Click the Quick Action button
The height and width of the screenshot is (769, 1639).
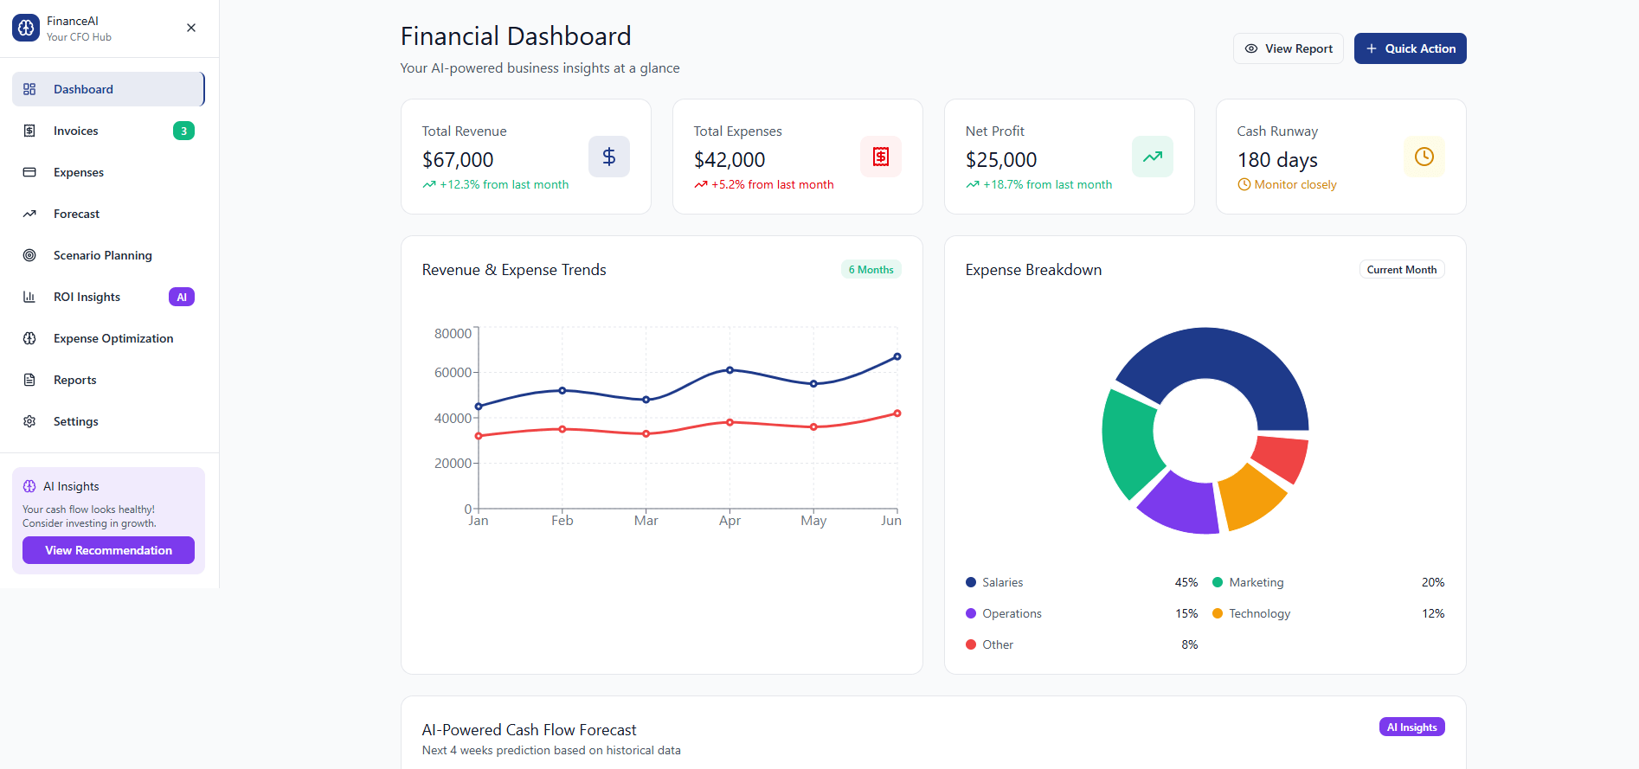[1410, 48]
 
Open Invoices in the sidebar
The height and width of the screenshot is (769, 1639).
[76, 131]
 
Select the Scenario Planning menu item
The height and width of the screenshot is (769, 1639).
[102, 255]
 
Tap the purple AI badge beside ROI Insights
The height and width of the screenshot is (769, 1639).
[181, 297]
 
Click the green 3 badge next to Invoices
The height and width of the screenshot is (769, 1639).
[183, 131]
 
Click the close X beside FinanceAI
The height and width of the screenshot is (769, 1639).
[191, 28]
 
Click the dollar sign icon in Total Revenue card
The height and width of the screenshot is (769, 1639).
[608, 157]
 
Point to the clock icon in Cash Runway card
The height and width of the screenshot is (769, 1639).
[1424, 157]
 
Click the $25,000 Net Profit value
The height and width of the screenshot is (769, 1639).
[1000, 160]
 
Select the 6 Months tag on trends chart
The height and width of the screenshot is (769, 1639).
[871, 270]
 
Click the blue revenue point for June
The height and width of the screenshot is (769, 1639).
[897, 356]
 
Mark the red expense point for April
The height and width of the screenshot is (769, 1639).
[730, 422]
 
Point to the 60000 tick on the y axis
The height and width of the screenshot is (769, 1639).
[453, 373]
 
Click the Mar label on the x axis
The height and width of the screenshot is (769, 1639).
[646, 521]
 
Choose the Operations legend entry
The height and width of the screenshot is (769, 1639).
[1011, 613]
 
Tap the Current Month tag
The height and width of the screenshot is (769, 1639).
[1401, 270]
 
